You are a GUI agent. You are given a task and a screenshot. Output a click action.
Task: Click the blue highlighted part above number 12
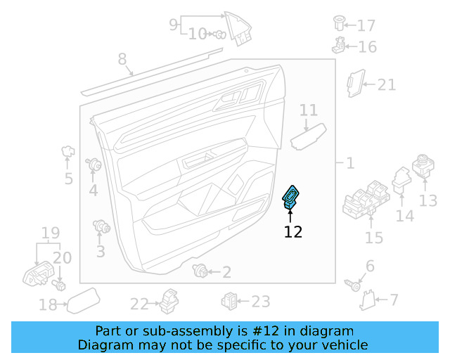290,196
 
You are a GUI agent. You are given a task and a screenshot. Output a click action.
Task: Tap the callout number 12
293,232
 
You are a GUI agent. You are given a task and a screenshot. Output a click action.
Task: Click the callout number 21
387,85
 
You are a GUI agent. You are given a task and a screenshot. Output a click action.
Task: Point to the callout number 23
261,302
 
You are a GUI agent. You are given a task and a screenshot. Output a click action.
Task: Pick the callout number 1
349,163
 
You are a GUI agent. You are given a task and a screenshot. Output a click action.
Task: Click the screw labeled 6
356,285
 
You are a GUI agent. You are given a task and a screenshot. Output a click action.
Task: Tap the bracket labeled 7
367,301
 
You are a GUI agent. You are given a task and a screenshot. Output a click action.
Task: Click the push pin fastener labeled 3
103,227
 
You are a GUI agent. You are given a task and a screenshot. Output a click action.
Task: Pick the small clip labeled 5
68,150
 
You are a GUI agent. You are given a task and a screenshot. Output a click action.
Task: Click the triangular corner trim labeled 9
238,27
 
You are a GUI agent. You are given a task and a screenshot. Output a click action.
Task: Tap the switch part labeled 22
169,300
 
